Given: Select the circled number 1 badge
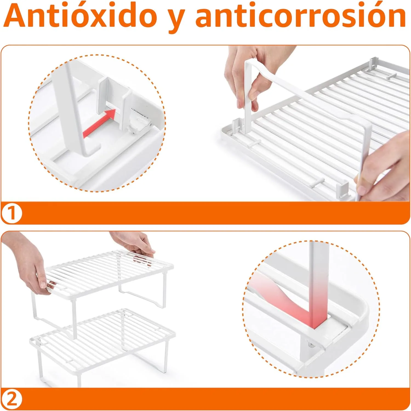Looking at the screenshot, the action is tap(12, 213).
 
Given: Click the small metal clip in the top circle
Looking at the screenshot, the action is tap(140, 121).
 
